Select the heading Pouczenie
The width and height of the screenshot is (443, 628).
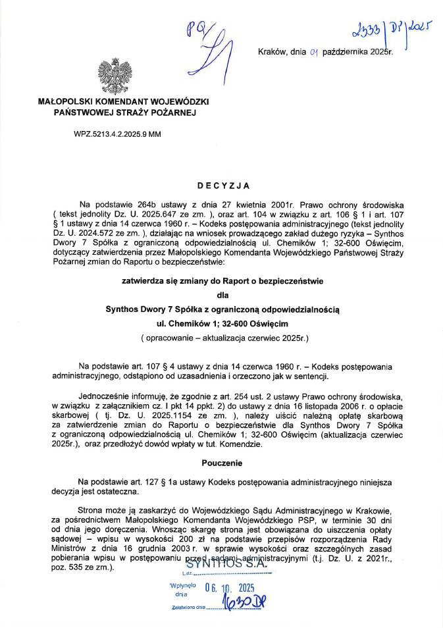pos(222,463)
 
